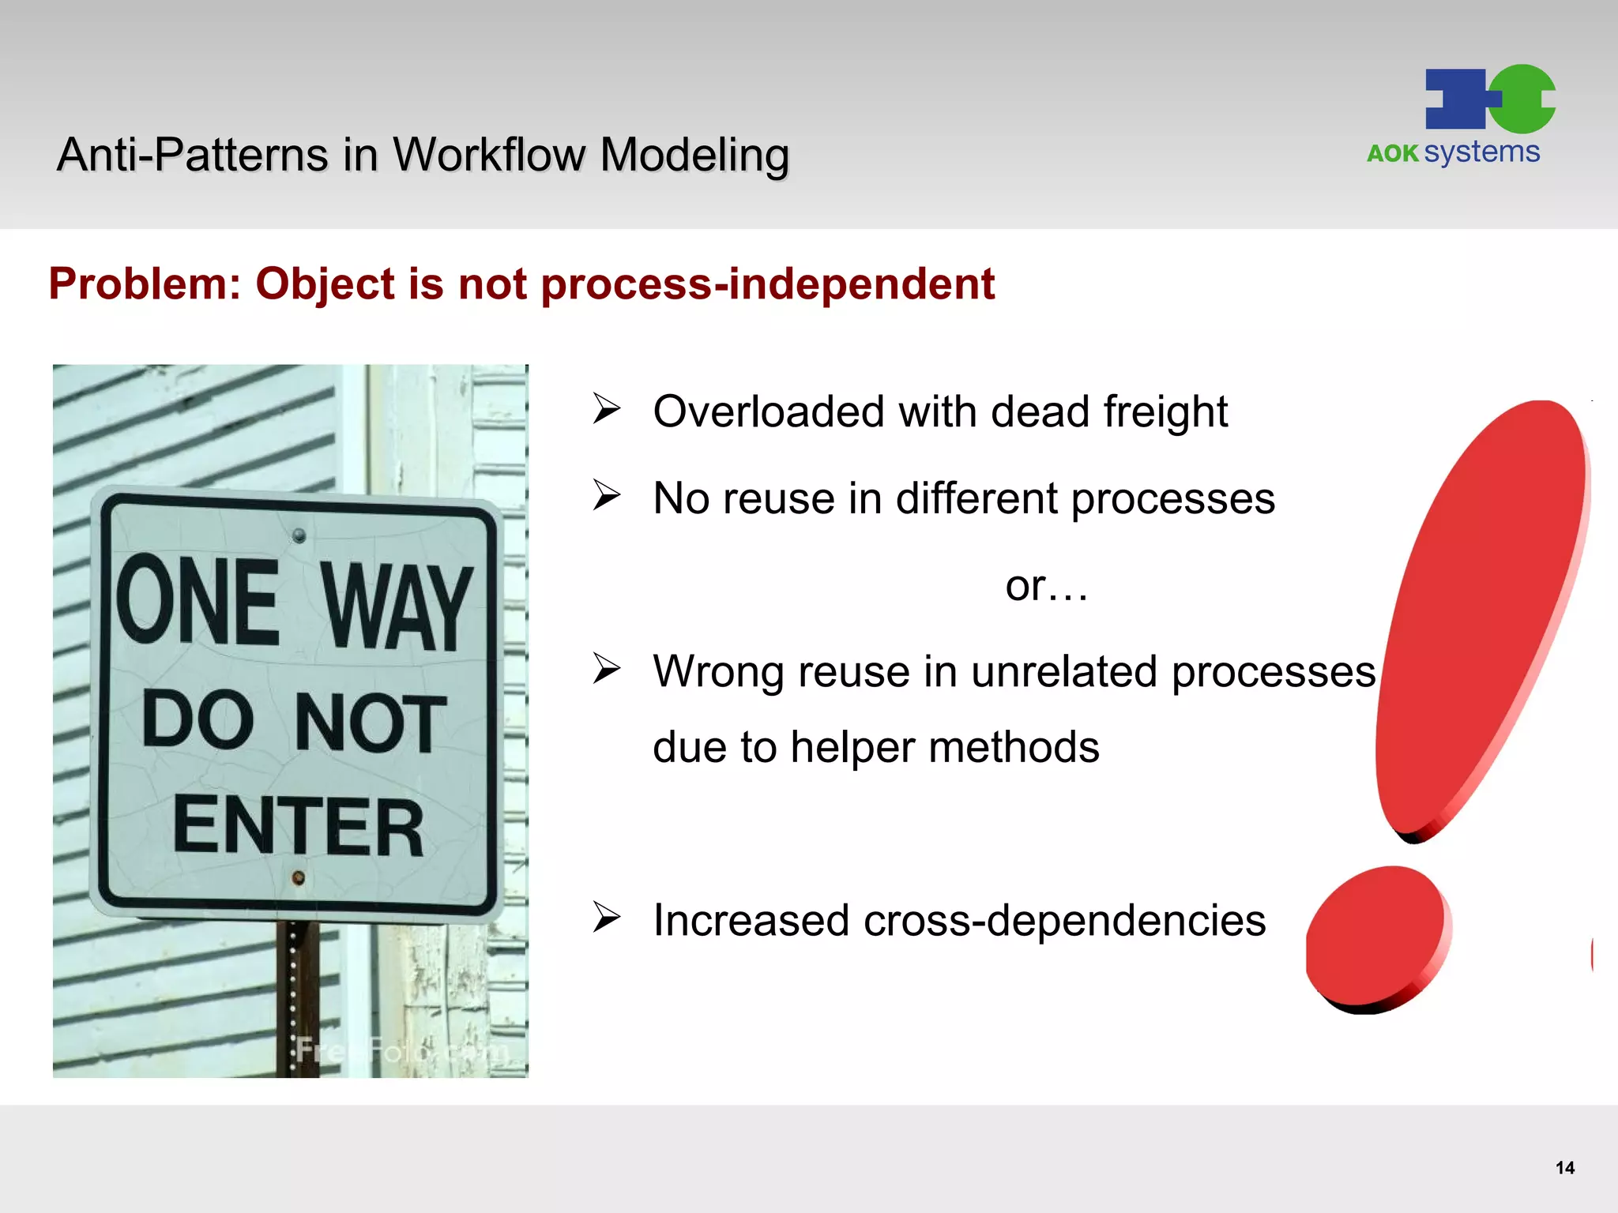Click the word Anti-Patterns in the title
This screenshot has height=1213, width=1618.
[192, 155]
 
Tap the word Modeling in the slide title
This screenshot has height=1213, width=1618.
[694, 155]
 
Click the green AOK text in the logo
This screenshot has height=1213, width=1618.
[1393, 153]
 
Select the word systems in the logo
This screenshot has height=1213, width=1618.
[1482, 152]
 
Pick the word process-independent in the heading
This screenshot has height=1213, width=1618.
[767, 284]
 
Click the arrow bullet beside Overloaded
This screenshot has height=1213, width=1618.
[607, 409]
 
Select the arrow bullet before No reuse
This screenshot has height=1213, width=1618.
[607, 496]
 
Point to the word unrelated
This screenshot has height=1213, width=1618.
[1064, 672]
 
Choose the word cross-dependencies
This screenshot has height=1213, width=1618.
[1064, 921]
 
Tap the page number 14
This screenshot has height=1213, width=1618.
[1564, 1168]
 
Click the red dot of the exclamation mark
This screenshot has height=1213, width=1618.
[1376, 936]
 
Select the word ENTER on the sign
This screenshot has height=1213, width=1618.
[299, 826]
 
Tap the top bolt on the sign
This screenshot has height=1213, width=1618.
[299, 536]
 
